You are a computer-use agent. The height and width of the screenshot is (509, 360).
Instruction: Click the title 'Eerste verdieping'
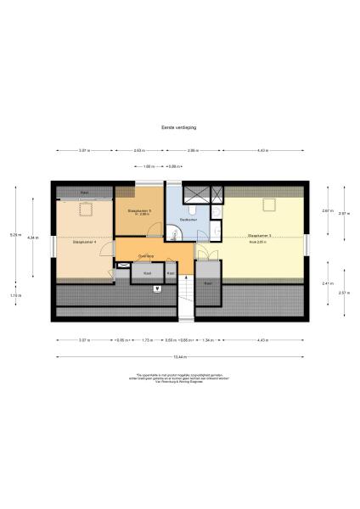pos(179,127)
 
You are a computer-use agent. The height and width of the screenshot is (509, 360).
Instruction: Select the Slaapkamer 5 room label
pos(139,211)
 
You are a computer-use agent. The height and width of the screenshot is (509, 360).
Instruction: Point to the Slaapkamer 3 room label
pos(260,237)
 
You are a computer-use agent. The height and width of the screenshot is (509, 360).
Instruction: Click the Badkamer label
pos(188,219)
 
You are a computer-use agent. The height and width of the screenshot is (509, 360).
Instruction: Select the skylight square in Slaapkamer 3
pos(270,203)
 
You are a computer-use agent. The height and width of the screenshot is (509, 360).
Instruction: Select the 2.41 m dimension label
pos(327,283)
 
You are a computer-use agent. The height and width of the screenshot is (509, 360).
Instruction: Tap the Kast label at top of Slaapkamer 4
pos(84,193)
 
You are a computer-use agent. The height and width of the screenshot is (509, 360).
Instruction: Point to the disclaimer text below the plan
pos(179,378)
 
